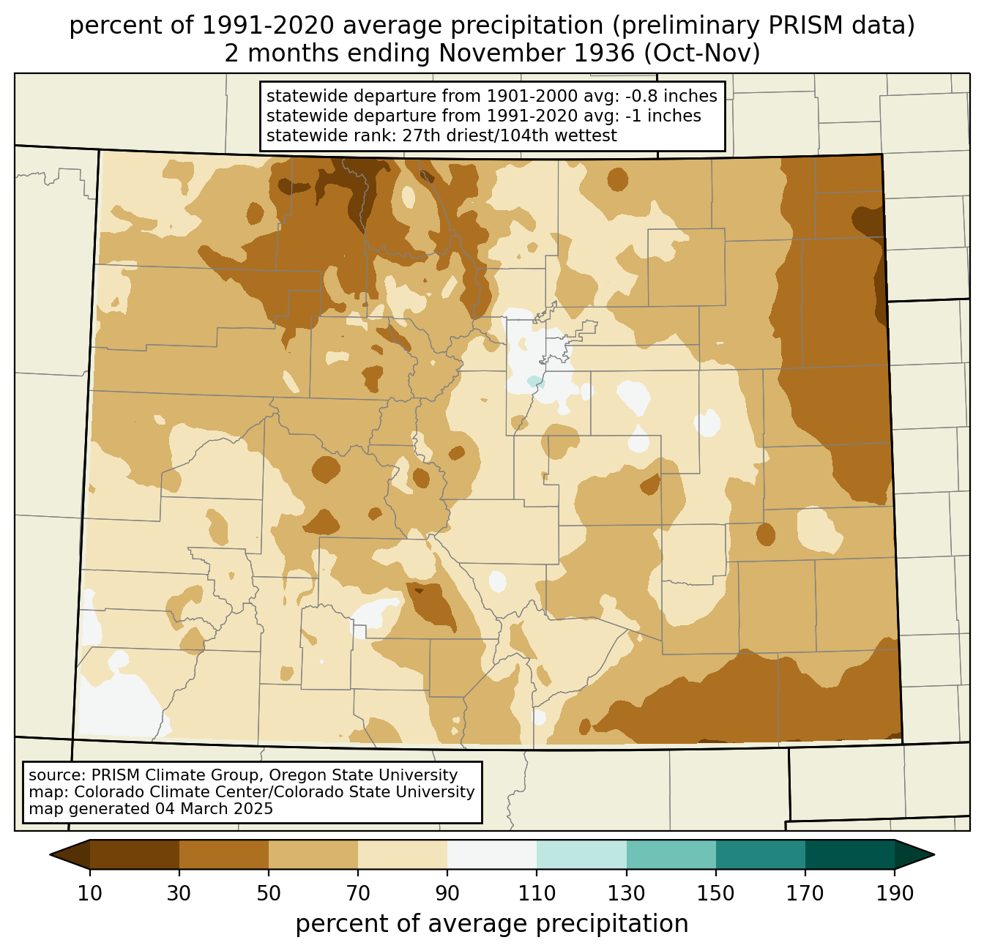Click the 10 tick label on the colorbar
(89, 893)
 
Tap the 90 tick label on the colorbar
(447, 893)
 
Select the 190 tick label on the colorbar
(895, 893)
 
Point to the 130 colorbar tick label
(626, 893)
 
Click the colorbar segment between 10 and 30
(135, 854)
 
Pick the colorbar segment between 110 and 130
(581, 854)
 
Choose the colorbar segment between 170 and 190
(849, 854)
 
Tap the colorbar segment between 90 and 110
(492, 854)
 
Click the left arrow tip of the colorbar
(50, 854)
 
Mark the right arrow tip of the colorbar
(934, 854)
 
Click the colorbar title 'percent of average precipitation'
(491, 925)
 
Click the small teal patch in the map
(534, 381)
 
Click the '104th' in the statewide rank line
(518, 135)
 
